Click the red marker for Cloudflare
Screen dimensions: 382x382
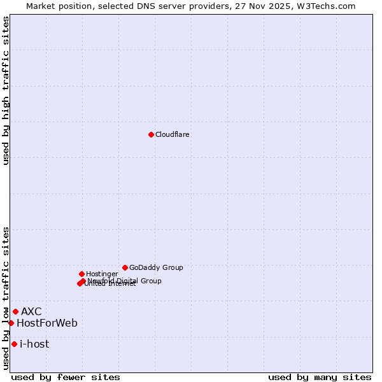(151, 134)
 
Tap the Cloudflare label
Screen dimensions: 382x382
(173, 134)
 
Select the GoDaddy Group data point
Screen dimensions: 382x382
(125, 267)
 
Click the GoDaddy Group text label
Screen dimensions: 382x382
(156, 267)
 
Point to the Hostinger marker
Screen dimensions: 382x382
(82, 274)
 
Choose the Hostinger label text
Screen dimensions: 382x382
(102, 274)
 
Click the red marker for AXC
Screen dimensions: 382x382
(15, 311)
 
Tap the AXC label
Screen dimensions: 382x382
(31, 311)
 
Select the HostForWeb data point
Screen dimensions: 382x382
(11, 323)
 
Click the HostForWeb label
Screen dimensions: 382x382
(47, 323)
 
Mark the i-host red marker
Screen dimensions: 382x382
(14, 344)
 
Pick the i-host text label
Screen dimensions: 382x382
(34, 344)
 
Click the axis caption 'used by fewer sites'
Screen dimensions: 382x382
(66, 377)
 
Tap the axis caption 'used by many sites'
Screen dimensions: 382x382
(320, 377)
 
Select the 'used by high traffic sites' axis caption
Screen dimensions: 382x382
(6, 90)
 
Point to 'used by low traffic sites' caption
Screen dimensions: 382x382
(6, 298)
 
